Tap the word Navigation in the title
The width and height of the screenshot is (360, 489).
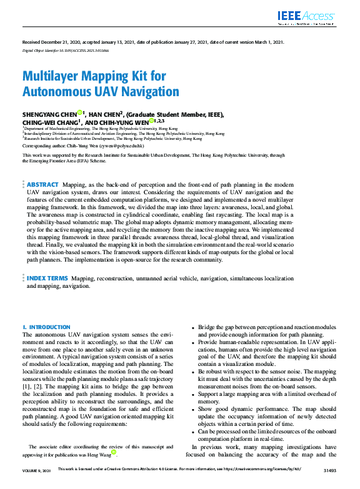pos(152,92)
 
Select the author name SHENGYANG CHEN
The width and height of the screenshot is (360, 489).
pos(49,114)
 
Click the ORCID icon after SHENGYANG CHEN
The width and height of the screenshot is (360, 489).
pos(81,113)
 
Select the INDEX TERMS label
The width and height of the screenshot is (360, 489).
pos(47,277)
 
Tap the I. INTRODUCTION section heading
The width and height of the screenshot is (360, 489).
pos(46,327)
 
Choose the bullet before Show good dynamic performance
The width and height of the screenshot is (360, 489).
pos(194,413)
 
